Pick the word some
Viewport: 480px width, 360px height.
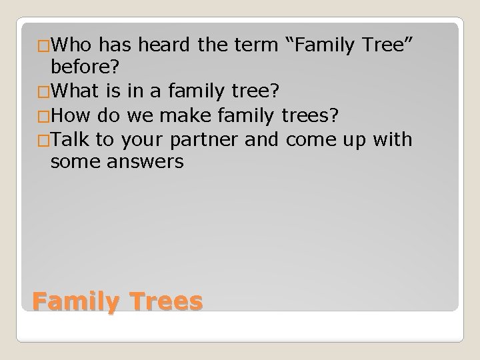tap(71, 162)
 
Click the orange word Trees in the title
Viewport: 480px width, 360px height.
tap(164, 301)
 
